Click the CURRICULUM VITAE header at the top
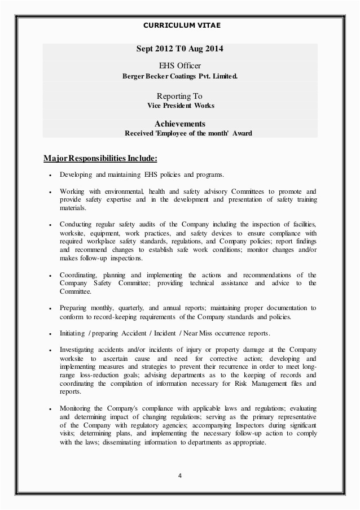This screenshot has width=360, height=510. [x=180, y=25]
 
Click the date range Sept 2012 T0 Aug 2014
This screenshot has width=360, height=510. [x=180, y=49]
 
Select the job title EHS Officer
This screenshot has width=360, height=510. [x=179, y=67]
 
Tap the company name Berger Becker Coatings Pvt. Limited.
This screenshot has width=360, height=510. [x=180, y=76]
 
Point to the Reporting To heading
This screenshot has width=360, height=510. [x=179, y=97]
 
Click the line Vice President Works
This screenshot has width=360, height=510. [x=180, y=106]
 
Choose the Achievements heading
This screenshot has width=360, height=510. [x=179, y=124]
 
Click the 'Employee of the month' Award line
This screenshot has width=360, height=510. [x=188, y=133]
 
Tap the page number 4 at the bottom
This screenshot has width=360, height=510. [x=179, y=475]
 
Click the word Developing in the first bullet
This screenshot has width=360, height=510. [x=72, y=175]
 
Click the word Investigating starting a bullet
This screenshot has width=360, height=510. [x=76, y=350]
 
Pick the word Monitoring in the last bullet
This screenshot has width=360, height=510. [x=74, y=408]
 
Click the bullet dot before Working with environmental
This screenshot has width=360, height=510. [x=51, y=192]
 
